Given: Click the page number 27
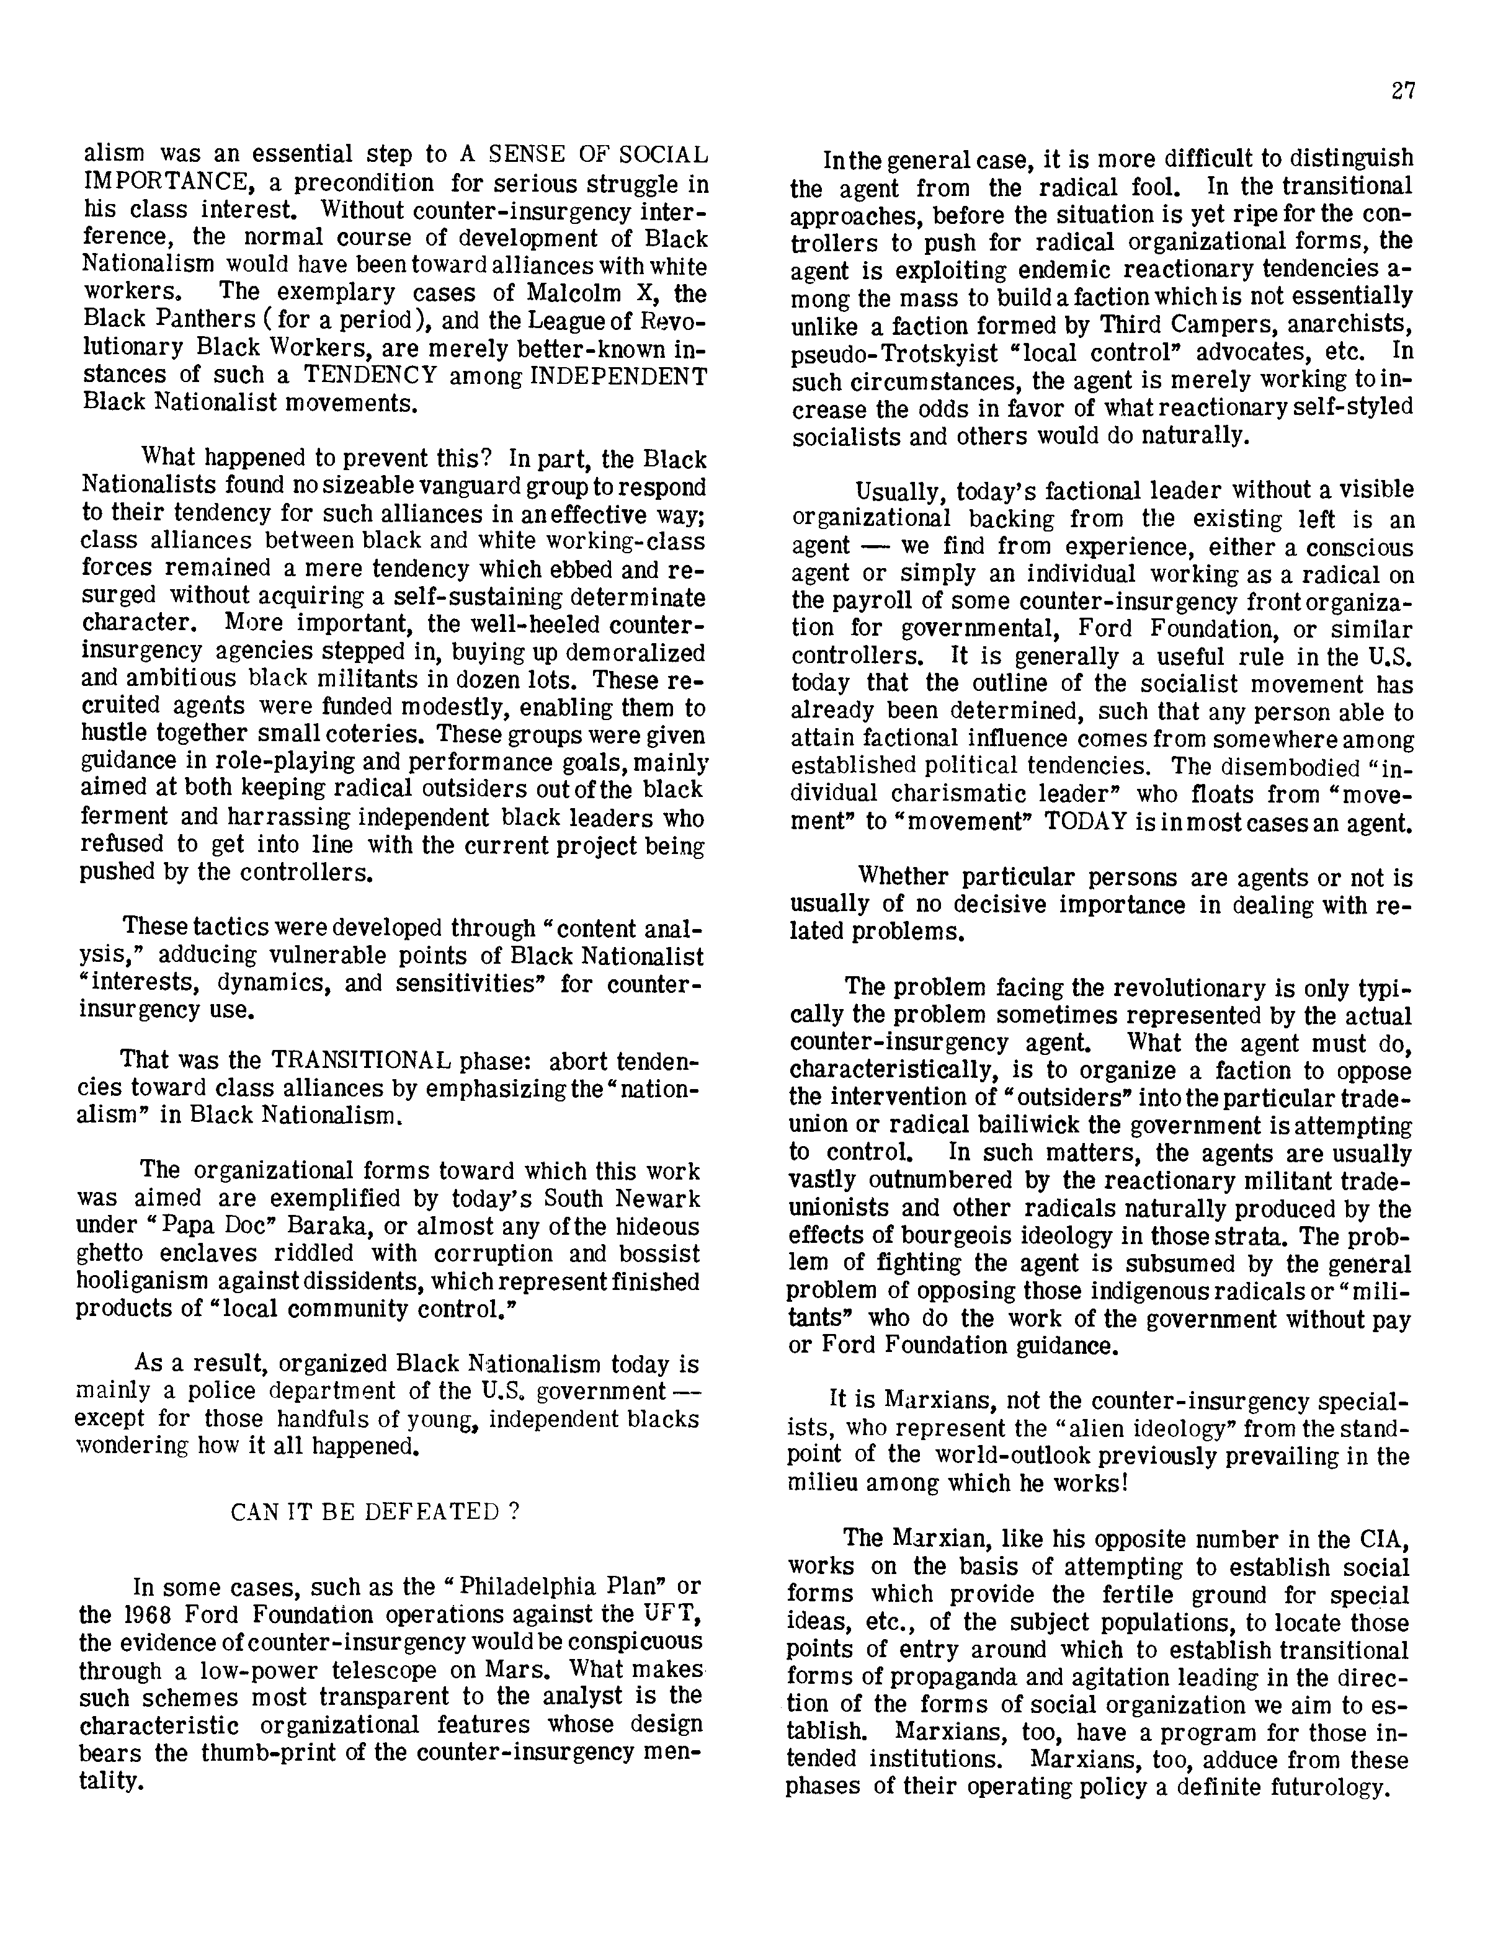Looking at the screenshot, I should click(1402, 91).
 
